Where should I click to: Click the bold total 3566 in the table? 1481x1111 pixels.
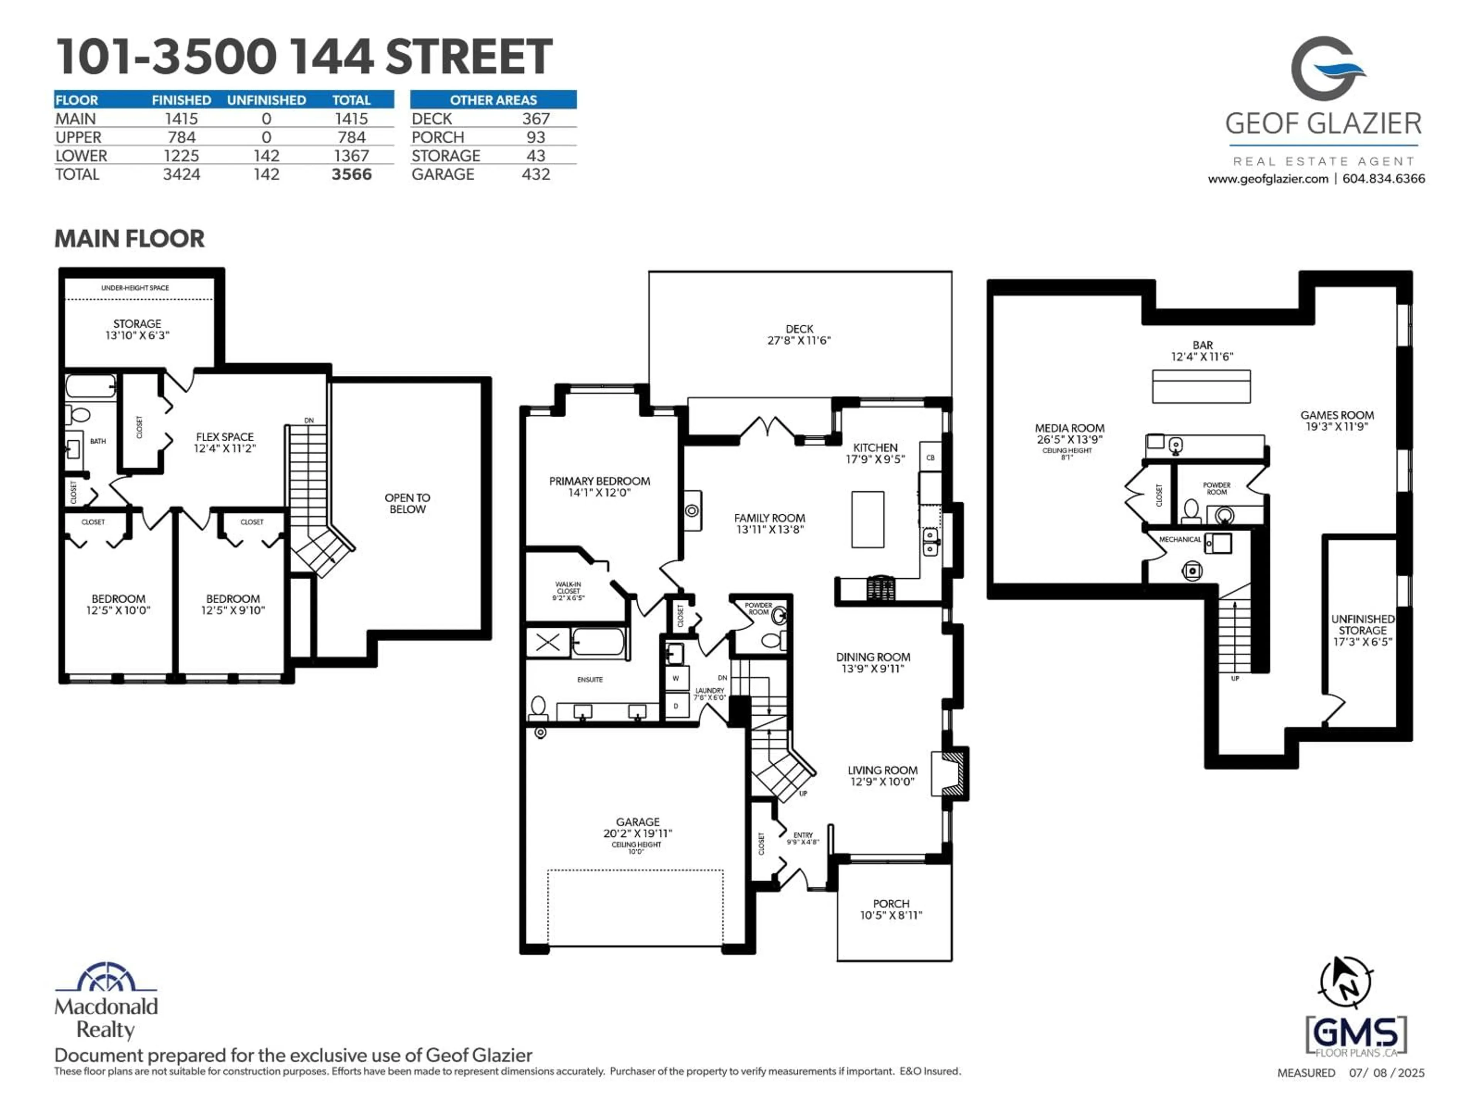[x=351, y=175]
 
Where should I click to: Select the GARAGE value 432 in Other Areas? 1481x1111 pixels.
[x=536, y=175]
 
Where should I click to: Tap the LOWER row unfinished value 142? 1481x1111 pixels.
[x=267, y=156]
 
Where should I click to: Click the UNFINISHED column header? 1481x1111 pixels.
[x=267, y=100]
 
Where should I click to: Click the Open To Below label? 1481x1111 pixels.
[x=407, y=503]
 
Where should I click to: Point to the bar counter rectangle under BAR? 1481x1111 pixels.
[x=1201, y=387]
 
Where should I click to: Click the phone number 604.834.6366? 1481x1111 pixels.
[x=1383, y=179]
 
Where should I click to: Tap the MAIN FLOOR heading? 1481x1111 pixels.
[x=129, y=239]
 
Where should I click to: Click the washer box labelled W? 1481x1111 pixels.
[x=676, y=679]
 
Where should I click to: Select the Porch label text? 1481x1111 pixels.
[x=891, y=904]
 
